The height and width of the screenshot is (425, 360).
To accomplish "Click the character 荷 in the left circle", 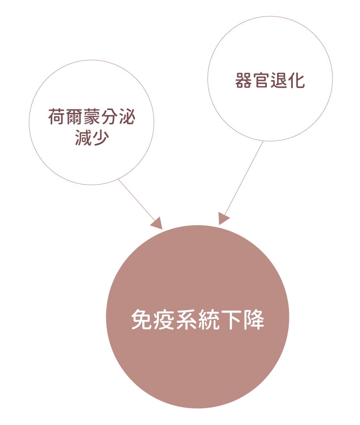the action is (x=57, y=117).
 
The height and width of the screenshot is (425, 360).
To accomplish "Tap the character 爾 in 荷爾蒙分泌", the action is (x=74, y=117).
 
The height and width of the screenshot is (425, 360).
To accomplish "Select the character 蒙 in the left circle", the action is (x=92, y=117).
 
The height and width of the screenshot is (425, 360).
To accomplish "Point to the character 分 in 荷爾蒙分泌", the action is (x=109, y=117).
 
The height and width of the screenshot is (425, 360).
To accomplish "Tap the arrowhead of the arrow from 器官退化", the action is (x=222, y=219).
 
